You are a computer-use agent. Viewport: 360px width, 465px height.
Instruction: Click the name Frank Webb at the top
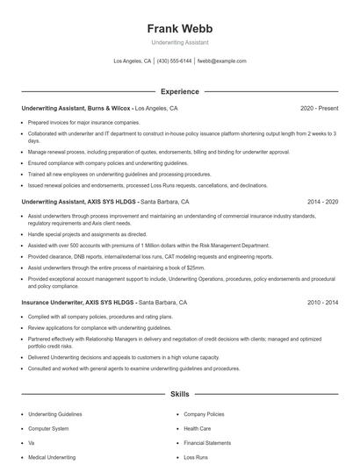pyautogui.click(x=179, y=28)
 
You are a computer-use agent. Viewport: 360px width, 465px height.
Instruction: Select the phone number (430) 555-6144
pyautogui.click(x=174, y=61)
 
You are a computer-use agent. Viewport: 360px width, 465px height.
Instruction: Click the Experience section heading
pyautogui.click(x=179, y=91)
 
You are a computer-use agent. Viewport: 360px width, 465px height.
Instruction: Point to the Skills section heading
pyautogui.click(x=179, y=395)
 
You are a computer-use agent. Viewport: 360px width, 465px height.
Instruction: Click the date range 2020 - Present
pyautogui.click(x=319, y=109)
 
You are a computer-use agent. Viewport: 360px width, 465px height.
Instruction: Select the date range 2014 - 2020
pyautogui.click(x=321, y=201)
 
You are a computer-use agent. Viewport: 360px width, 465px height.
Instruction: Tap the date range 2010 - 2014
pyautogui.click(x=321, y=301)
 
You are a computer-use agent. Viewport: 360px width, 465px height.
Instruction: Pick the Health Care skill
pyautogui.click(x=198, y=428)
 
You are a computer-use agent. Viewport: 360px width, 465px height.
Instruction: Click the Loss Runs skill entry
pyautogui.click(x=196, y=457)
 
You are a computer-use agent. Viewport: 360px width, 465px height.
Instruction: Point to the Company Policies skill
pyautogui.click(x=205, y=413)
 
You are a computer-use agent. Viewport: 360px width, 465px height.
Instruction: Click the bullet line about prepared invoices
pyautogui.click(x=84, y=122)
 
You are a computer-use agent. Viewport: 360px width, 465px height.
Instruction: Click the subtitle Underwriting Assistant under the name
pyautogui.click(x=179, y=43)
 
